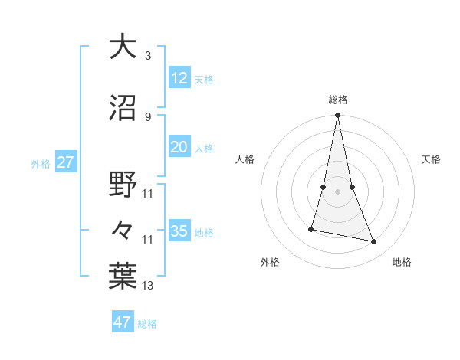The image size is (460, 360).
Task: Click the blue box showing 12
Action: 179,77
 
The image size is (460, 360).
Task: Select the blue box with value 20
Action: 179,147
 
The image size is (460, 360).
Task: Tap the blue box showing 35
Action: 179,231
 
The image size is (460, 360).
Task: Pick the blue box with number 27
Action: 65,162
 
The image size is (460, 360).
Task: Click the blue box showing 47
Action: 123,322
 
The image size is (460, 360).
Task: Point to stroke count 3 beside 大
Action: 147,56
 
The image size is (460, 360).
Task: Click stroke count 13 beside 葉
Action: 147,286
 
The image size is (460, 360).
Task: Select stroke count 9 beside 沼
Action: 147,116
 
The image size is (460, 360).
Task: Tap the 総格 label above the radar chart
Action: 338,100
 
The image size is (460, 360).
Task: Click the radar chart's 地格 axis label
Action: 402,262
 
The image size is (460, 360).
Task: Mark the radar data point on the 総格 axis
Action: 337,116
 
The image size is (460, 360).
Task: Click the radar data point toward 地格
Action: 374,241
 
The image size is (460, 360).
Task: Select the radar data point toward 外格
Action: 311,228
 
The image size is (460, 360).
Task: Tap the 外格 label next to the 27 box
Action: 40,163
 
